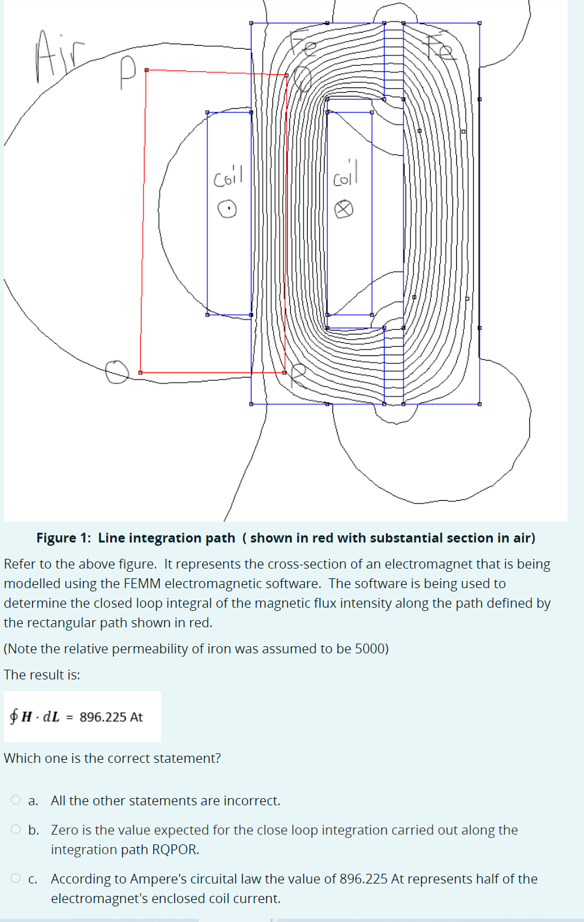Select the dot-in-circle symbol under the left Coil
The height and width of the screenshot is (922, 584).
227,209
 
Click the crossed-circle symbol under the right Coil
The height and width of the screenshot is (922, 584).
344,209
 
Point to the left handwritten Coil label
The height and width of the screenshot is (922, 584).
227,176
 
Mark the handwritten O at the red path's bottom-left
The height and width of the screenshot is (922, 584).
117,372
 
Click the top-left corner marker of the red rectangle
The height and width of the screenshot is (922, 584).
146,70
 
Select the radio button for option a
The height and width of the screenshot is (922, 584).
16,800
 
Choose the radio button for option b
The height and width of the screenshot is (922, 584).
16,830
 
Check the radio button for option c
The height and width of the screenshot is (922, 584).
16,878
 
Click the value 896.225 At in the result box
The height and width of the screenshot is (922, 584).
111,717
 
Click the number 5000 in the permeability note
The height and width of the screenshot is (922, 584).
370,649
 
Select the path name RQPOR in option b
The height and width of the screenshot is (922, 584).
175,850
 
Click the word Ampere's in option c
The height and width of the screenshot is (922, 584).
156,879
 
